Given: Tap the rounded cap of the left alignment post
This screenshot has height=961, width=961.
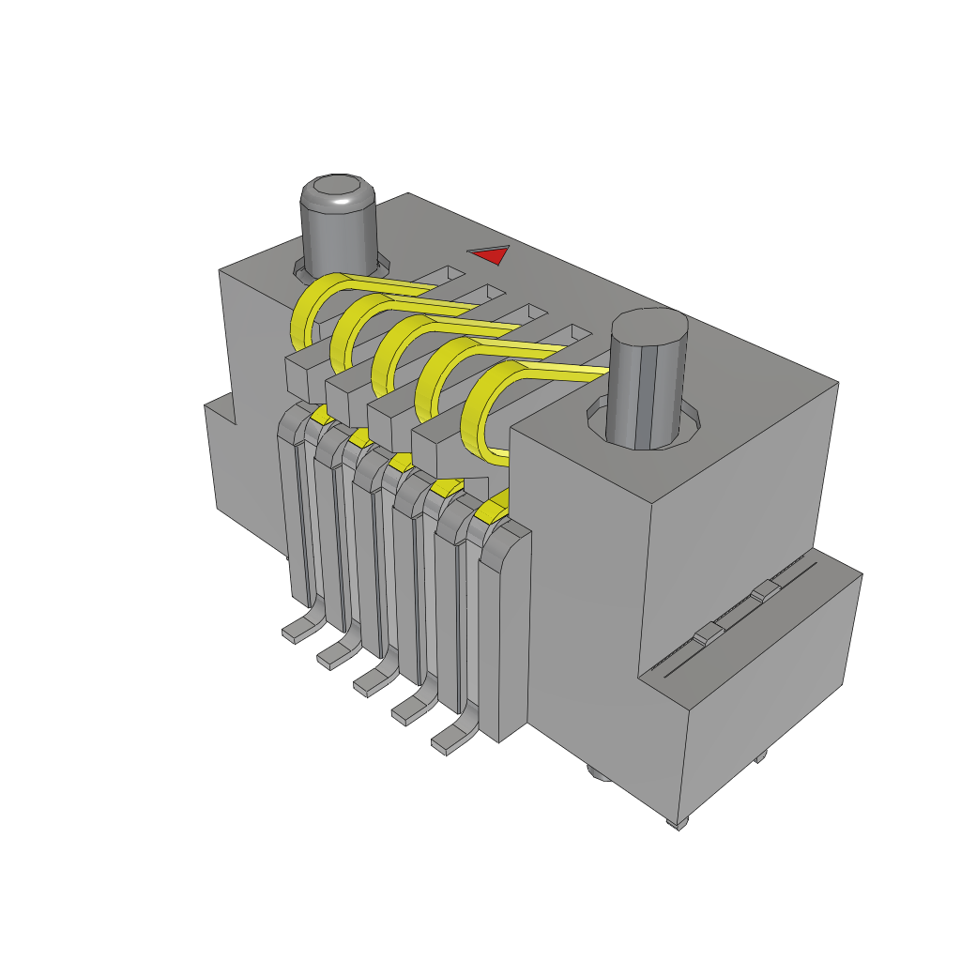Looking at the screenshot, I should pos(338,191).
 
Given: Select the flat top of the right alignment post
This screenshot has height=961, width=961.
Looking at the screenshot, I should pos(648,329).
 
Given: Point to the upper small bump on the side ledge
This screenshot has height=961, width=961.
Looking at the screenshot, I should pos(765,590).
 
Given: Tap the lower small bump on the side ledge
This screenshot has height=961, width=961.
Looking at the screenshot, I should pos(707,634).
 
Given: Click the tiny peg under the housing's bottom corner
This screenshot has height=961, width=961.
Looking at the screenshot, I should pos(678,824).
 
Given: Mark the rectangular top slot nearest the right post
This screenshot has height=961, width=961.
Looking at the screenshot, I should pos(573,333).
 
